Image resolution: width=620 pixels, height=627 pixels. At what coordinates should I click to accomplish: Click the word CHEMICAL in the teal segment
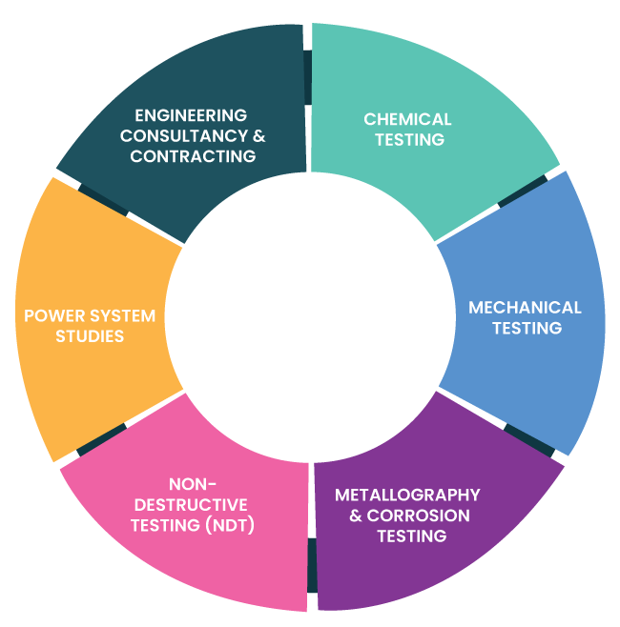pyautogui.click(x=407, y=119)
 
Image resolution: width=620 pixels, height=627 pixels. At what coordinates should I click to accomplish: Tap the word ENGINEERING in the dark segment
pyautogui.click(x=191, y=115)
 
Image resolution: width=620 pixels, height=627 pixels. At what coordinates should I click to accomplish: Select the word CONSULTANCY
pyautogui.click(x=184, y=136)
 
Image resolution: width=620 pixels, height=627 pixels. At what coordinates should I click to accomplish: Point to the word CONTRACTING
pyautogui.click(x=193, y=156)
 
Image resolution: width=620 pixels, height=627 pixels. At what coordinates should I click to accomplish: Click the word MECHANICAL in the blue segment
pyautogui.click(x=525, y=308)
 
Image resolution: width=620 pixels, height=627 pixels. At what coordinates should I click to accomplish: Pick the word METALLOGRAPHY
pyautogui.click(x=407, y=496)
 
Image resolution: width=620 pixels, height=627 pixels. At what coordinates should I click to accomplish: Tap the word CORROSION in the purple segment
pyautogui.click(x=419, y=516)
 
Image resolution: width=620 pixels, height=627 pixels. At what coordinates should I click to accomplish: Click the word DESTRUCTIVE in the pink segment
pyautogui.click(x=191, y=505)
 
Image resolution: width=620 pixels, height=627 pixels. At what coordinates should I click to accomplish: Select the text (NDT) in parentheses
pyautogui.click(x=230, y=525)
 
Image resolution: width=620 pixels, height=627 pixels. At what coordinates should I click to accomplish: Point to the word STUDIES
pyautogui.click(x=90, y=336)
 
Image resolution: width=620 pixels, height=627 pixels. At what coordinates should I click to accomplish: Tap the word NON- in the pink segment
pyautogui.click(x=193, y=484)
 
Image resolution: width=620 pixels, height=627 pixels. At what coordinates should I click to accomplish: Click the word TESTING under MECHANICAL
pyautogui.click(x=527, y=328)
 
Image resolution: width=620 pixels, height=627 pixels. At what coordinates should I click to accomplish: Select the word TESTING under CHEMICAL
pyautogui.click(x=409, y=139)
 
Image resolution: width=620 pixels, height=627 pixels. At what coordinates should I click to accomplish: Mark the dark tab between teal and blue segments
pyautogui.click(x=523, y=192)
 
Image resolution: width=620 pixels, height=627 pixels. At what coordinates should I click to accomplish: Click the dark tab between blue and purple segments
pyautogui.click(x=529, y=440)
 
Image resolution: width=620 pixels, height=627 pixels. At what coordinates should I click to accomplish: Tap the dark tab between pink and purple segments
pyautogui.click(x=312, y=565)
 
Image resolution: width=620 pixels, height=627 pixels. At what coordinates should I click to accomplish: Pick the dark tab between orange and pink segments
pyautogui.click(x=102, y=440)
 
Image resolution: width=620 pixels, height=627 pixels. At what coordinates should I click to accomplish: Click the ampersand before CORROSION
pyautogui.click(x=356, y=516)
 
